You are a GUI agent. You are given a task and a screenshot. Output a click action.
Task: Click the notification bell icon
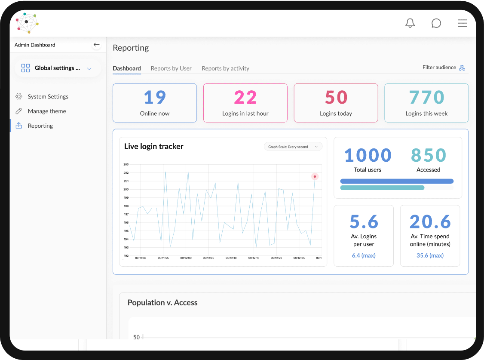410,23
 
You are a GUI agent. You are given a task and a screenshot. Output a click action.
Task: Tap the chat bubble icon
436,23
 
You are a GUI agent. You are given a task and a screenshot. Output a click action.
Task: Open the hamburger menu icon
463,23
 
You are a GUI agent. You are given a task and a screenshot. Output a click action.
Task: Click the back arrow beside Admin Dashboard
96,45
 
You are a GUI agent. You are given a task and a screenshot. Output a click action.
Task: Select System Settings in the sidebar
48,97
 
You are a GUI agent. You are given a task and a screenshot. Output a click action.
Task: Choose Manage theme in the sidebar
47,111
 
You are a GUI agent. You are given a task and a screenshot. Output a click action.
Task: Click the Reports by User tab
171,68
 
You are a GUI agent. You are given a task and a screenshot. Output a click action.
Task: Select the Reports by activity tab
225,68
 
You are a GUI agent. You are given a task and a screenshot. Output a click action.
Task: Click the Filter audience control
444,68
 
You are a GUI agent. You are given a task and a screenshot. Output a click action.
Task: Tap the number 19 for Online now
155,98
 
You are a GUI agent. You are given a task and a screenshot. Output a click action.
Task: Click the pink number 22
245,98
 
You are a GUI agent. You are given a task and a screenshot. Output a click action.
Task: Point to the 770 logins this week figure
426,98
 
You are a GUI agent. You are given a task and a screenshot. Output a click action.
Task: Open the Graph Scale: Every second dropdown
293,147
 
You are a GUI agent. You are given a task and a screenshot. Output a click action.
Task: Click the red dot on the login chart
315,176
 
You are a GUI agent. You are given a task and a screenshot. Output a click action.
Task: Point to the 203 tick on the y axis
126,164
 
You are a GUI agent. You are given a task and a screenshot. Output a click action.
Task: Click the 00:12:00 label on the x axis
186,258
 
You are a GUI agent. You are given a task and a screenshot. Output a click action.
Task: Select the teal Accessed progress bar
382,188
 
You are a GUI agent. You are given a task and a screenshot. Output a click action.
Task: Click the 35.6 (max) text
430,255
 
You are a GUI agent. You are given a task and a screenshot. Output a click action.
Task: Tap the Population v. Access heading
162,303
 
